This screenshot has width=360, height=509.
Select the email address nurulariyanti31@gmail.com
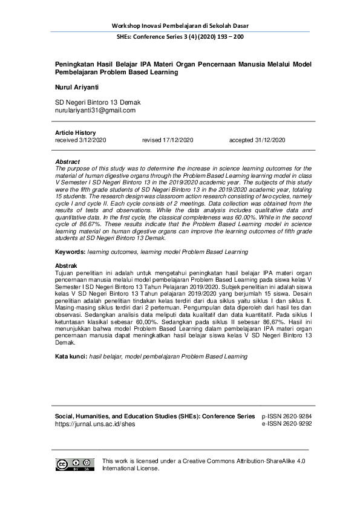[95, 111]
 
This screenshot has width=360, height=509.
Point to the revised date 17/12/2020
[168, 140]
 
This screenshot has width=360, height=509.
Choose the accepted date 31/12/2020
[257, 140]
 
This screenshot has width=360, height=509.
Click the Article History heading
[75, 133]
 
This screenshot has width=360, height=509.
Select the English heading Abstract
[68, 162]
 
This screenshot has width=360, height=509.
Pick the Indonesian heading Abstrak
[67, 265]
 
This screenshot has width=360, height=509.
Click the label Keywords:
[70, 251]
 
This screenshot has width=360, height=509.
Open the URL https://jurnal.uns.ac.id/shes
[95, 424]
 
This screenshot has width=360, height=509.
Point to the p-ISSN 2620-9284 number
[287, 417]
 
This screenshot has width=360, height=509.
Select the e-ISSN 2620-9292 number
[287, 424]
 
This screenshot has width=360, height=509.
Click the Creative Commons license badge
[75, 464]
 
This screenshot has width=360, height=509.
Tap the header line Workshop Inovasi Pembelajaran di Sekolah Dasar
[180, 25]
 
